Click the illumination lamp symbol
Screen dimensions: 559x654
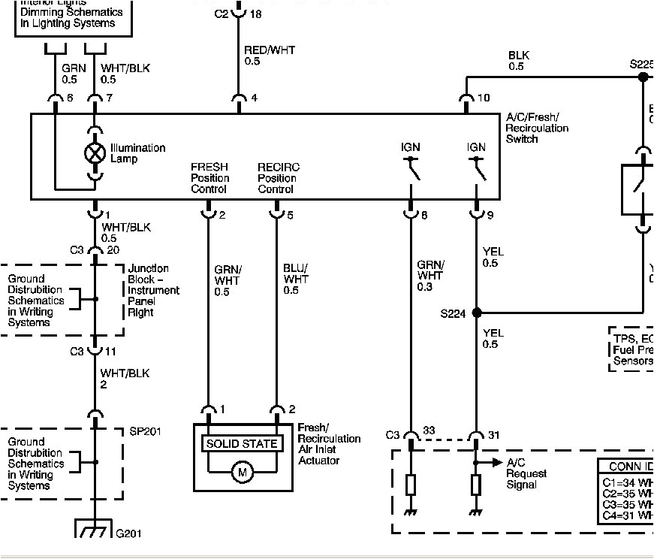(x=95, y=153)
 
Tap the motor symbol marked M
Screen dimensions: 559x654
(x=242, y=473)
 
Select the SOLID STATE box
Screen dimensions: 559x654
(x=242, y=443)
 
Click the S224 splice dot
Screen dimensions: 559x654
(x=476, y=313)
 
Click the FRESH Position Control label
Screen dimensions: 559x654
(x=209, y=178)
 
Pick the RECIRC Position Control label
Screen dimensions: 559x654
(x=277, y=178)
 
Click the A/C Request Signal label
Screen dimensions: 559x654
(x=526, y=474)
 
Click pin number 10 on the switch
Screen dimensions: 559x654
(x=484, y=98)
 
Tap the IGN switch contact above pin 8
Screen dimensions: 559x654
(x=411, y=169)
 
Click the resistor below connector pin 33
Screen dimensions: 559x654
(x=411, y=485)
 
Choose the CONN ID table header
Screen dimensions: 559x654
(x=629, y=466)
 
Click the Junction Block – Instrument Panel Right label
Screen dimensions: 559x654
(x=153, y=290)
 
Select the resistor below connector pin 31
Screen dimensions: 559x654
(x=476, y=485)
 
